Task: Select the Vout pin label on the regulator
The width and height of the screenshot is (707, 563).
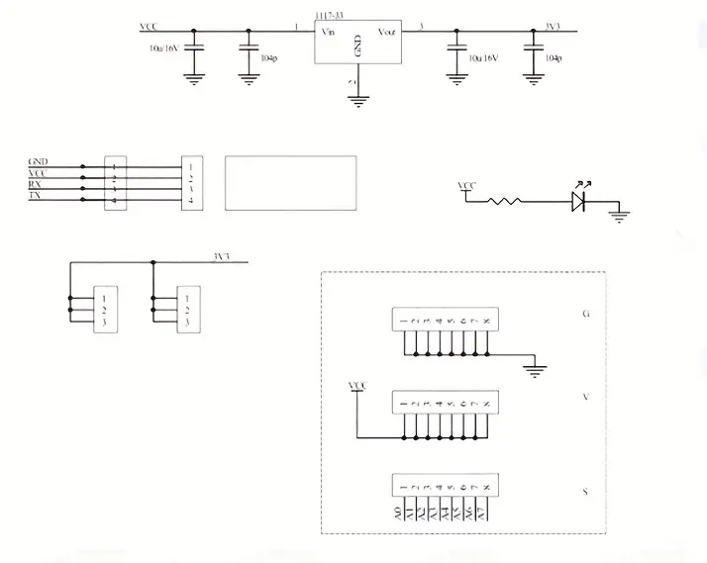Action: (386, 33)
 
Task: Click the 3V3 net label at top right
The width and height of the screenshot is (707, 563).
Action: (555, 26)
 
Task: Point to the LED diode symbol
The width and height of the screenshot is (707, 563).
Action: (581, 201)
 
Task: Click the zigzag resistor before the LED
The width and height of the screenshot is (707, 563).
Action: (506, 201)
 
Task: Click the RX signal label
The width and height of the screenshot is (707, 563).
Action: (36, 184)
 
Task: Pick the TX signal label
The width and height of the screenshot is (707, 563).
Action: (36, 197)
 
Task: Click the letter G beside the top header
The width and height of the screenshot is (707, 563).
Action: (587, 315)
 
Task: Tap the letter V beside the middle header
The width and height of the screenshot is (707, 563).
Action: (587, 398)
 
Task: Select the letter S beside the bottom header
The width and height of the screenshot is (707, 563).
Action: (587, 490)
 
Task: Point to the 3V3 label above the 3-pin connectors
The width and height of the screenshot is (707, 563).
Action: (221, 257)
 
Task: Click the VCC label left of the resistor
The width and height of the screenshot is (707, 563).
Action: (467, 186)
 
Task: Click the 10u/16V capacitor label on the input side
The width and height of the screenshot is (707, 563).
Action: (164, 47)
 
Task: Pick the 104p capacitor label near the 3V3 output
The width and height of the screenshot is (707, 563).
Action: (554, 57)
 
